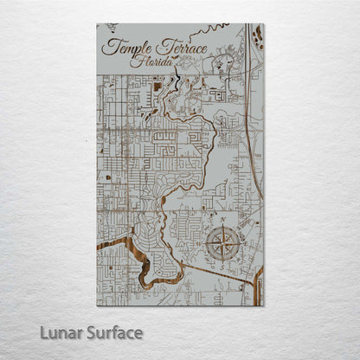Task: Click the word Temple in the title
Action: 126,48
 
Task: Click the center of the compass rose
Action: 223,241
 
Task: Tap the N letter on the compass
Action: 223,223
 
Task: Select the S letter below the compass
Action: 223,259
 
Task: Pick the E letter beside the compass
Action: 241,241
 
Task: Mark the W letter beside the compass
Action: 206,241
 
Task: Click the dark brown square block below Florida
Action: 156,86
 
